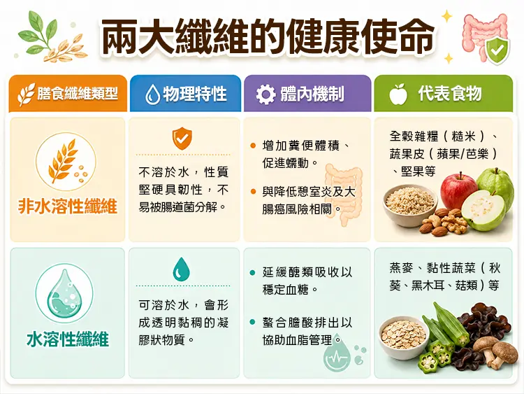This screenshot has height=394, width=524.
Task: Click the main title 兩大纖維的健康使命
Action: pyautogui.click(x=268, y=36)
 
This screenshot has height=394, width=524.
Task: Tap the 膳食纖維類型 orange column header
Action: pyautogui.click(x=68, y=93)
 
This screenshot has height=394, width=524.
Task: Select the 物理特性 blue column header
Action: pyautogui.click(x=185, y=93)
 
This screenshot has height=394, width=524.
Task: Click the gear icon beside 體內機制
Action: pyautogui.click(x=265, y=94)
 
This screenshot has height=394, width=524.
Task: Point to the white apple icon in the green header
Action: pyautogui.click(x=398, y=94)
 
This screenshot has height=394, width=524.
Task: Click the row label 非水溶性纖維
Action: pyautogui.click(x=68, y=206)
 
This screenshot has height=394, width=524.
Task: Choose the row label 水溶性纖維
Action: pyautogui.click(x=68, y=339)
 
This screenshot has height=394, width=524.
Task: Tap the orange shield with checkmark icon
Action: pyautogui.click(x=182, y=139)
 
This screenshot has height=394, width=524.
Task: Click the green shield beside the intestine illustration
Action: pyautogui.click(x=497, y=51)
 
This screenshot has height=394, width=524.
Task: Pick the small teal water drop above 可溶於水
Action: pyautogui.click(x=181, y=269)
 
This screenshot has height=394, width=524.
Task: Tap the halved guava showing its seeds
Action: pyautogui.click(x=483, y=211)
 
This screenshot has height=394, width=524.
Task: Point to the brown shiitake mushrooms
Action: pyautogui.click(x=495, y=351)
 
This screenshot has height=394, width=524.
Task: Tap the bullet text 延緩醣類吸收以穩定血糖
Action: pyautogui.click(x=307, y=281)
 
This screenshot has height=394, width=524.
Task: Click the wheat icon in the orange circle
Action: pyautogui.click(x=64, y=161)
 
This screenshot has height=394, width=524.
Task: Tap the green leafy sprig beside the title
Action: pyautogui.click(x=38, y=31)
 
